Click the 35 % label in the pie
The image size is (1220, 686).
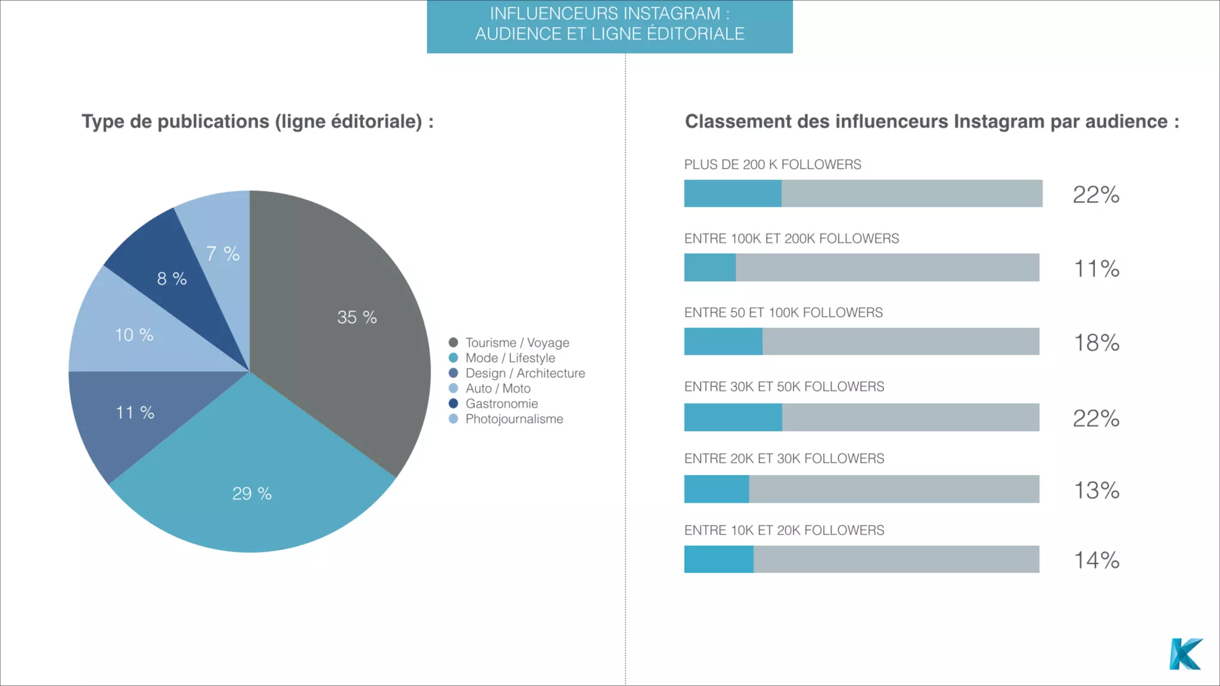tap(357, 317)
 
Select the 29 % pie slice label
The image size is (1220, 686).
tap(252, 494)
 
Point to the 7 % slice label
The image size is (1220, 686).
tap(223, 254)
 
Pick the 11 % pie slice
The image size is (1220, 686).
tap(135, 413)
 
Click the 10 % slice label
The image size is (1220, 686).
tap(134, 335)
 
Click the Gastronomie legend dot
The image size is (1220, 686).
tap(453, 404)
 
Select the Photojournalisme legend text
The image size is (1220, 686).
tap(514, 419)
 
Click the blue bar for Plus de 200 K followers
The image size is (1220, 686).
tap(733, 194)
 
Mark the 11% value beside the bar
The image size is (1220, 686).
tap(1096, 269)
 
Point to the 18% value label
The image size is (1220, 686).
tap(1096, 343)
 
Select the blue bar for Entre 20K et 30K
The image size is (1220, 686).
tap(716, 489)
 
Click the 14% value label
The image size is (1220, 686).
tap(1096, 560)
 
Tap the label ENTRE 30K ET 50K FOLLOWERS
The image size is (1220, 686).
tap(784, 387)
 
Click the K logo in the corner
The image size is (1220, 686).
tap(1185, 654)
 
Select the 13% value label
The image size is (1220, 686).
tap(1096, 491)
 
